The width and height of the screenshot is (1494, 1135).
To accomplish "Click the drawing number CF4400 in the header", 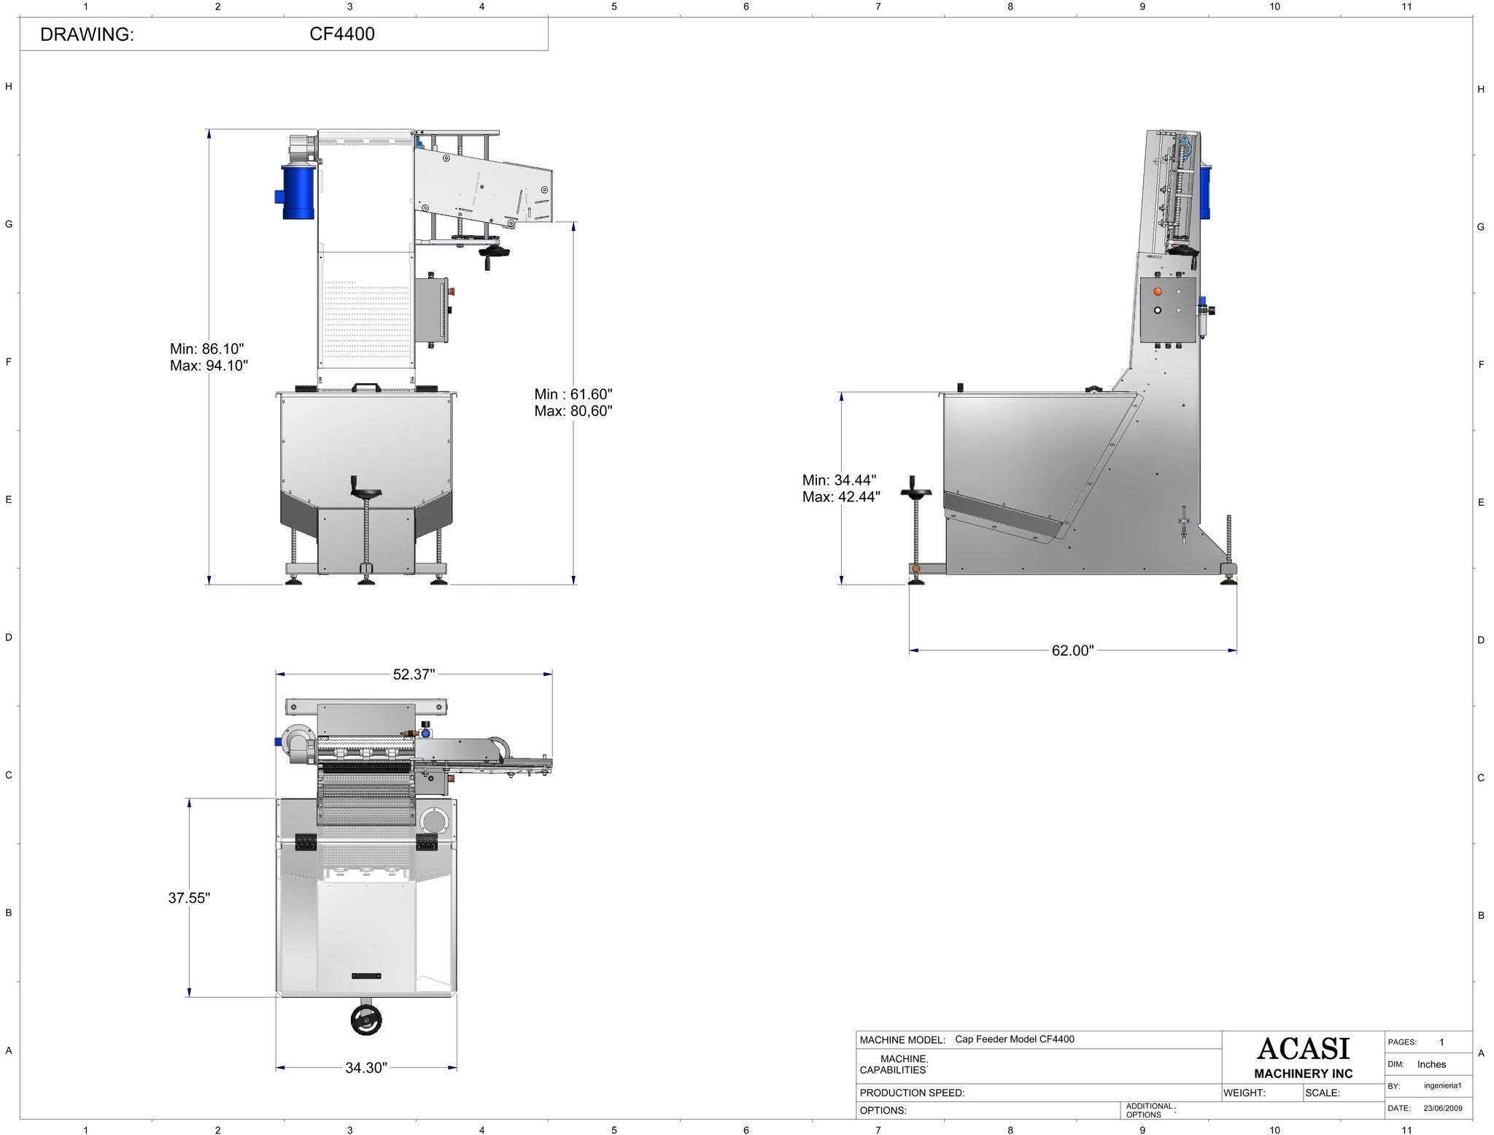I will tap(341, 34).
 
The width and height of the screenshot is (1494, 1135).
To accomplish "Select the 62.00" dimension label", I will tap(1072, 650).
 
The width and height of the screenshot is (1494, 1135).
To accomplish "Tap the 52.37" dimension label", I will tap(414, 674).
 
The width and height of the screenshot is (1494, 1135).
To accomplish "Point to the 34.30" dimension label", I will tap(365, 1068).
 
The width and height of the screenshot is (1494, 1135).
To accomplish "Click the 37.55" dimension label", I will tap(189, 898).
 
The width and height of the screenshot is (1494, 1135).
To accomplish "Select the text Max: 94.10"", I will tap(209, 365).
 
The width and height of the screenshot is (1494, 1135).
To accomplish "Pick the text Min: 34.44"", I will tap(839, 480).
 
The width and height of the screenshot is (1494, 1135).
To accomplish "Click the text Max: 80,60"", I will tap(573, 411).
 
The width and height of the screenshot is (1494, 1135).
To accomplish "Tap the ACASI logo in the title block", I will tap(1303, 1049).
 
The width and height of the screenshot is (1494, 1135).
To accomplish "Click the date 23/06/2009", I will tap(1443, 1108).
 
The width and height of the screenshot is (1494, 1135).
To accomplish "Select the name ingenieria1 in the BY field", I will tap(1442, 1085).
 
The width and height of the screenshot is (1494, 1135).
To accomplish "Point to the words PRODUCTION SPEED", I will tap(912, 1093).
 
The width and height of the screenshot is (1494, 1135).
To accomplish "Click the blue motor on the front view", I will tap(298, 193).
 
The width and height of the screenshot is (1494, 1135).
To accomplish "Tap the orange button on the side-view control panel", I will tap(1157, 291).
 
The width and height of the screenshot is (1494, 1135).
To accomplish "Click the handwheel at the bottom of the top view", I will tap(365, 1020).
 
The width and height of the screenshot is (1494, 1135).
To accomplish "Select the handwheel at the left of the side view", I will tap(915, 493).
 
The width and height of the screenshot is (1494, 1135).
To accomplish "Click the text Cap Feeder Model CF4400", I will tap(1014, 1039).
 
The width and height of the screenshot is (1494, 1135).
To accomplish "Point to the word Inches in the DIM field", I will tap(1431, 1064).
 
